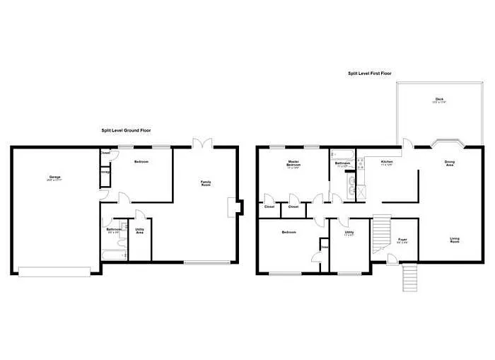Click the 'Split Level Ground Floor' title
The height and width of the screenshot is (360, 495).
(125, 130)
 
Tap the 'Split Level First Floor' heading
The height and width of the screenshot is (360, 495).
(370, 73)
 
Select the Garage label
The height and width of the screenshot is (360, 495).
(54, 177)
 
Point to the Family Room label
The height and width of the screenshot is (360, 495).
(206, 184)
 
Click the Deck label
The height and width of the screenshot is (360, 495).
(439, 100)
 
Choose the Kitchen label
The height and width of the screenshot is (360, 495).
(387, 163)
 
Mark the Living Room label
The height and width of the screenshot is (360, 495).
(455, 240)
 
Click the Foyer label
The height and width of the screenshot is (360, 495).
(402, 240)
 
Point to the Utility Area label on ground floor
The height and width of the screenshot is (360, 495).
(140, 231)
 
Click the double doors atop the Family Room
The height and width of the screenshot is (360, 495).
(204, 143)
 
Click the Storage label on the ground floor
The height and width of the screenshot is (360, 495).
(105, 170)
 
